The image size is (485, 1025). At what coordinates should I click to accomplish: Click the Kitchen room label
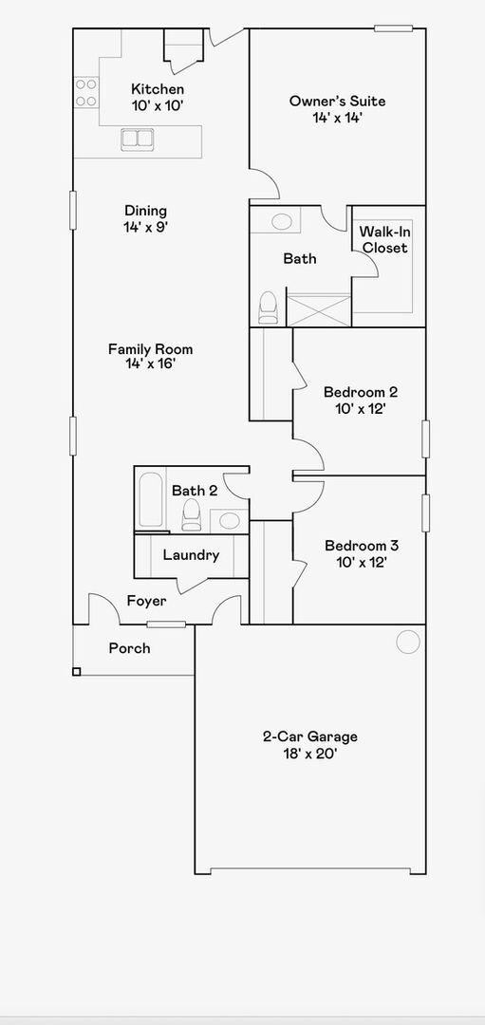[x=157, y=89]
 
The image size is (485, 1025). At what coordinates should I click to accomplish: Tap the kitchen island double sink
[x=138, y=139]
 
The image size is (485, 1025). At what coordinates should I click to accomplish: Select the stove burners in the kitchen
[x=85, y=92]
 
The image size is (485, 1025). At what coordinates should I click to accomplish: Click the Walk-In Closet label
[x=383, y=240]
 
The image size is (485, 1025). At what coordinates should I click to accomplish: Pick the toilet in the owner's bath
[x=269, y=307]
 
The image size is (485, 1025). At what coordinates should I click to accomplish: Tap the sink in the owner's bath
[x=282, y=222]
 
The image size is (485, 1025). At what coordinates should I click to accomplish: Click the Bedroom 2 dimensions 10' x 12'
[x=360, y=408]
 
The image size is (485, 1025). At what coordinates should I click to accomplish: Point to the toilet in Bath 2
[x=192, y=514]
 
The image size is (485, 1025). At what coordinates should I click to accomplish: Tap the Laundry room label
[x=191, y=555]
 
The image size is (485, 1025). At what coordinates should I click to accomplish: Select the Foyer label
[x=146, y=601]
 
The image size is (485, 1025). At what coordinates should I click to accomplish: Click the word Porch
[x=129, y=648]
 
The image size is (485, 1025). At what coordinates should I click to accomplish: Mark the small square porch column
[x=77, y=672]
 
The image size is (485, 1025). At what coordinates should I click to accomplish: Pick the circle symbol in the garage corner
[x=407, y=642]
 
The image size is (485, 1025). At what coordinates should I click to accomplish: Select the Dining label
[x=145, y=211]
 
